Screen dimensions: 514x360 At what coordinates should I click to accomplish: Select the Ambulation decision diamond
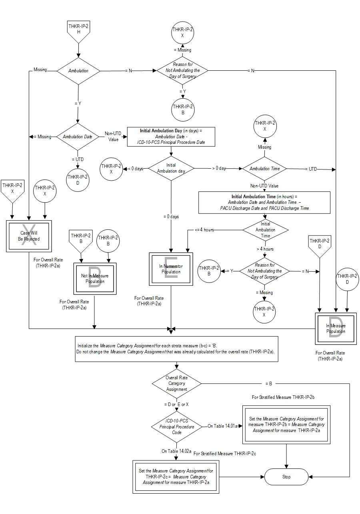(78, 71)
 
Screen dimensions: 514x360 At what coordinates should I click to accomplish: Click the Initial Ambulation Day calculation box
(171, 137)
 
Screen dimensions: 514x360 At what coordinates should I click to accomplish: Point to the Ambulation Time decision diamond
(265, 169)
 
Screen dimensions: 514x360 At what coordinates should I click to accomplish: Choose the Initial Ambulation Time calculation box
(264, 203)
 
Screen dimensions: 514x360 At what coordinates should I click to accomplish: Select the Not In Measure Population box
(95, 279)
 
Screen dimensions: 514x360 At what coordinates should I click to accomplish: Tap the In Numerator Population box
(171, 269)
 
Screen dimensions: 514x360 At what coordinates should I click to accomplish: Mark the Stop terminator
(286, 477)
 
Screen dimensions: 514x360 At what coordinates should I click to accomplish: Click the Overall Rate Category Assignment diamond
(176, 384)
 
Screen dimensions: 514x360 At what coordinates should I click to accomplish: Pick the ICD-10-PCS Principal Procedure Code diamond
(176, 426)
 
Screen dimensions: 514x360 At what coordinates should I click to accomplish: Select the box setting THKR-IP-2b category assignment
(286, 424)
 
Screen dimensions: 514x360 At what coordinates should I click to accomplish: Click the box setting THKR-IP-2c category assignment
(176, 477)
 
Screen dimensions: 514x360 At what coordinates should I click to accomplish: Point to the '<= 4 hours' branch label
(204, 230)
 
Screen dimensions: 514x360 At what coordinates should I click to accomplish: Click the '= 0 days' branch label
(171, 216)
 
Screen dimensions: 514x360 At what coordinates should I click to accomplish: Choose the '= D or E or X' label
(176, 404)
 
